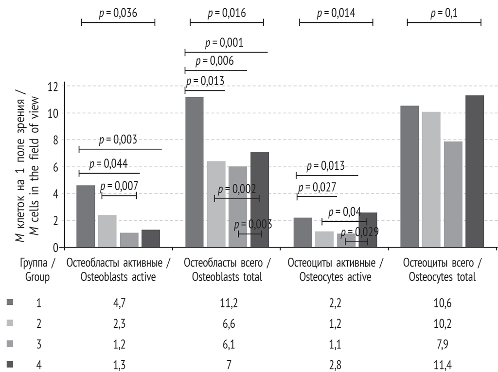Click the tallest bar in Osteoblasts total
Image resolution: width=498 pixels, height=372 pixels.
click(x=195, y=172)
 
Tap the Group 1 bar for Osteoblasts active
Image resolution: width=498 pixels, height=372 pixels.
click(x=86, y=216)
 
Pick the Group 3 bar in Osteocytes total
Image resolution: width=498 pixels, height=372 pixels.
click(x=453, y=194)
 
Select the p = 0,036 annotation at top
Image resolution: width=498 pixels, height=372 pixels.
click(x=118, y=14)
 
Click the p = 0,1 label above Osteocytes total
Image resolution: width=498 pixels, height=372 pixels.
click(x=444, y=14)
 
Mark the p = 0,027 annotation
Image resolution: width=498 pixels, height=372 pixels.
click(x=317, y=187)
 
